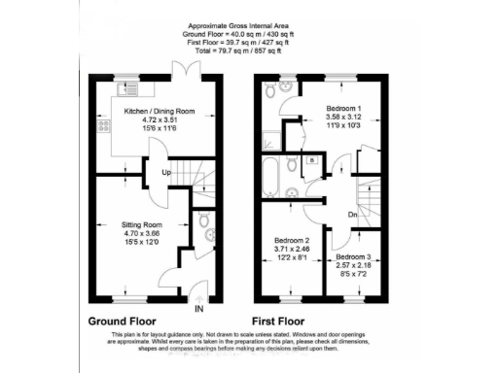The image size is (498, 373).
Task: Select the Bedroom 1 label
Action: (326, 105)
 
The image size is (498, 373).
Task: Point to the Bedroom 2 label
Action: (292, 240)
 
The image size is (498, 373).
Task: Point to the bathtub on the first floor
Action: (271, 176)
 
